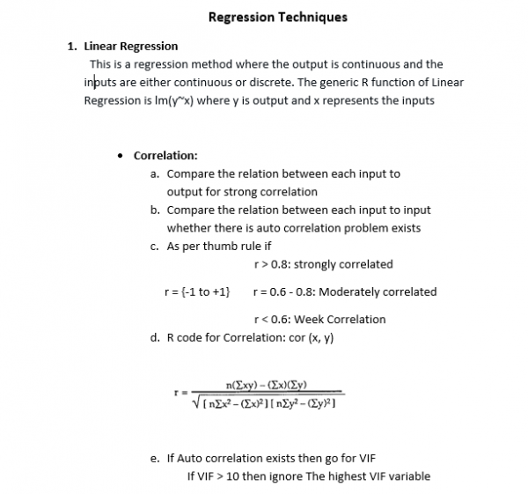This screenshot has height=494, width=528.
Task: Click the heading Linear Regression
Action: click(130, 46)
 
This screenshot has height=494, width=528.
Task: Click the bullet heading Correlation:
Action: click(165, 156)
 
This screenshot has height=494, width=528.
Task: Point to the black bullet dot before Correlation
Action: click(121, 156)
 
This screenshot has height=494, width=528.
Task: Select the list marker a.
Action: click(155, 173)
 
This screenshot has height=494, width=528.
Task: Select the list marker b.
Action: click(155, 210)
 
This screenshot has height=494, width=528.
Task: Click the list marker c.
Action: click(155, 247)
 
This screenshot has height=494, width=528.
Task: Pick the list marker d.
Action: click(155, 338)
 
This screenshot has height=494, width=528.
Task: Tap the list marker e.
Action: click(155, 459)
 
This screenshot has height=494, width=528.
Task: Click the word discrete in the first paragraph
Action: click(272, 82)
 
